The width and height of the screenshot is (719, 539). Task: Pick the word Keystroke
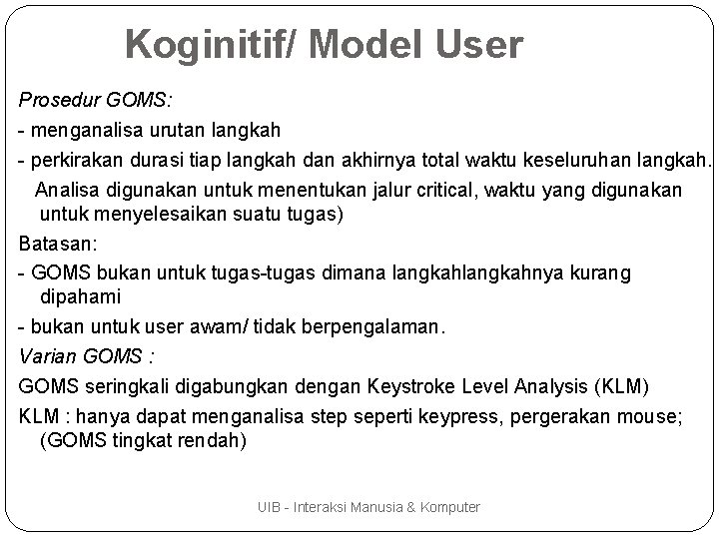pos(452,386)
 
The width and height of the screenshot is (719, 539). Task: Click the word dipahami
pos(81,296)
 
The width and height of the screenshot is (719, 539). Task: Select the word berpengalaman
pos(364,328)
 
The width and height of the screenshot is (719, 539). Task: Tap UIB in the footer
pos(268,508)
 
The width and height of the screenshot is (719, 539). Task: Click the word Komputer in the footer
pos(450,508)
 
